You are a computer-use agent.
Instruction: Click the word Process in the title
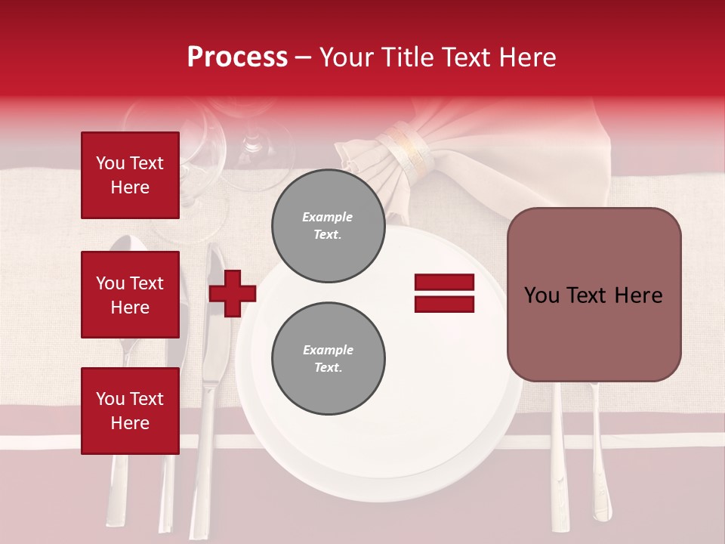coord(237,57)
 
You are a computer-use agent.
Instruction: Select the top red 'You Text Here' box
coord(130,175)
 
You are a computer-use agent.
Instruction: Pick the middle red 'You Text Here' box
coord(130,295)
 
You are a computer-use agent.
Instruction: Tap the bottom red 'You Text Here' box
coord(130,410)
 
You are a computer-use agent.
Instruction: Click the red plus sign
coord(233,292)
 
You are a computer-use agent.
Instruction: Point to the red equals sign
coord(444,293)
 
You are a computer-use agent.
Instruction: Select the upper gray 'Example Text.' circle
coord(328,226)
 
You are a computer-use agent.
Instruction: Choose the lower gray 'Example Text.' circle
coord(328,358)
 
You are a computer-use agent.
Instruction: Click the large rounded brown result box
coord(594,295)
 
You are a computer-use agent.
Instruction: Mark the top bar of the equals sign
coord(444,283)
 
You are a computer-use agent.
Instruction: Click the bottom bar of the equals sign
coord(444,304)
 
